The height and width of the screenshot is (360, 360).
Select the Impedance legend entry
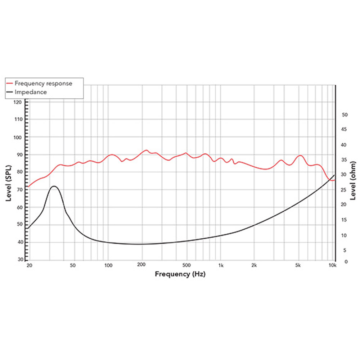[31, 92]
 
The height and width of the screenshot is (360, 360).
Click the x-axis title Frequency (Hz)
[180, 274]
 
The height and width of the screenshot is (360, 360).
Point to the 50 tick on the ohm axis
[345, 115]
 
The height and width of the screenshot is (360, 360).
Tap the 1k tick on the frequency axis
[221, 266]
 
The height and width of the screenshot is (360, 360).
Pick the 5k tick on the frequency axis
[298, 266]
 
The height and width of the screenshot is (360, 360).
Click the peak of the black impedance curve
[54, 186]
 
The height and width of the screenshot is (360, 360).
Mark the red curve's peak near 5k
[300, 156]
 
